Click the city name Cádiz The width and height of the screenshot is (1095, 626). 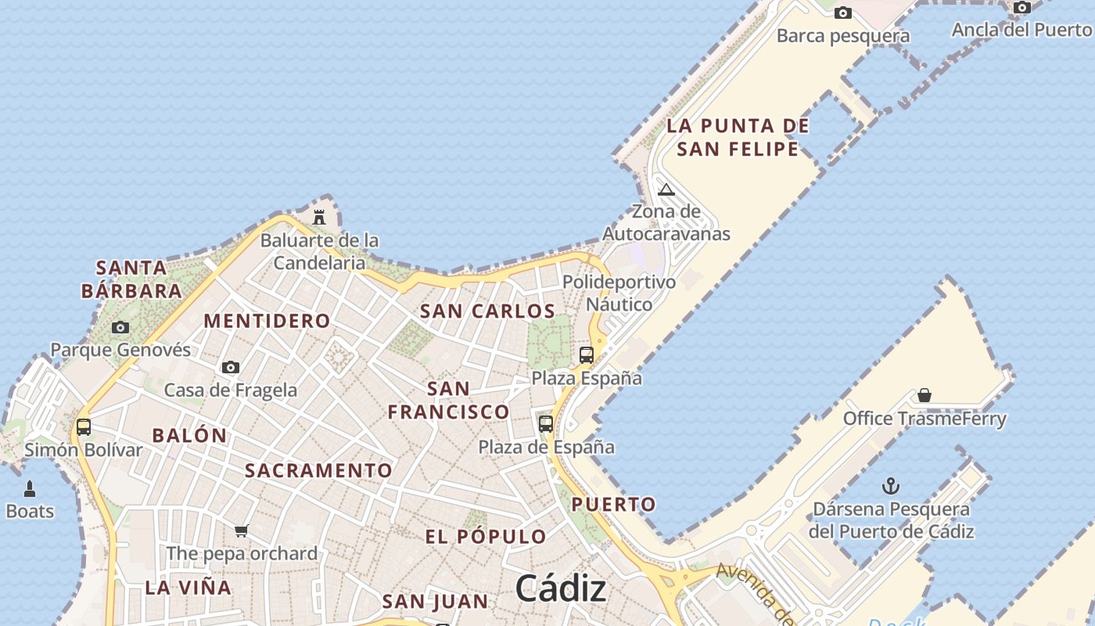tap(561, 588)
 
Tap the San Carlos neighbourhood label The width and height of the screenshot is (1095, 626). tap(487, 311)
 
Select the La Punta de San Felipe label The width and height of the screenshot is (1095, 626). tap(738, 137)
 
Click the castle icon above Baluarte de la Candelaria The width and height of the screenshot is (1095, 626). tap(319, 217)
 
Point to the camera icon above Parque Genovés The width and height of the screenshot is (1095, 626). tap(120, 327)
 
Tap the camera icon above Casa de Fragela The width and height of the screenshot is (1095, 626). tap(230, 367)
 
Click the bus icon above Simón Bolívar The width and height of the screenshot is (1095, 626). tap(84, 427)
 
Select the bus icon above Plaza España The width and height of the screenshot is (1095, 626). tap(587, 354)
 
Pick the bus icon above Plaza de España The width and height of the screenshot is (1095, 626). tap(546, 424)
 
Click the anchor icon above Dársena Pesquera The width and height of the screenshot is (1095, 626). tap(890, 486)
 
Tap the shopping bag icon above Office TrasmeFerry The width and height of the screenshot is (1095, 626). tap(924, 395)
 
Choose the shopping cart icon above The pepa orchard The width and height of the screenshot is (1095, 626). tap(242, 531)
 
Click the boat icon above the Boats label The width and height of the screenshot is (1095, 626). tap(30, 489)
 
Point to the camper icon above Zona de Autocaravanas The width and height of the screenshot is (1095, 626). tap(666, 189)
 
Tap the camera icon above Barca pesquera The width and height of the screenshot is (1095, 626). tap(842, 13)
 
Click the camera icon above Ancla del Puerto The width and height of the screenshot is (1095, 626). tap(1021, 8)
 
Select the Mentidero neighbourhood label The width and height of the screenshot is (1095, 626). tap(267, 321)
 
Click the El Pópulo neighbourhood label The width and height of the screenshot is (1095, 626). tap(485, 537)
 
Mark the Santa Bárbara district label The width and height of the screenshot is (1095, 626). tap(131, 279)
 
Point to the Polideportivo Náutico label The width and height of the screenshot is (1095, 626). tap(619, 293)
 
